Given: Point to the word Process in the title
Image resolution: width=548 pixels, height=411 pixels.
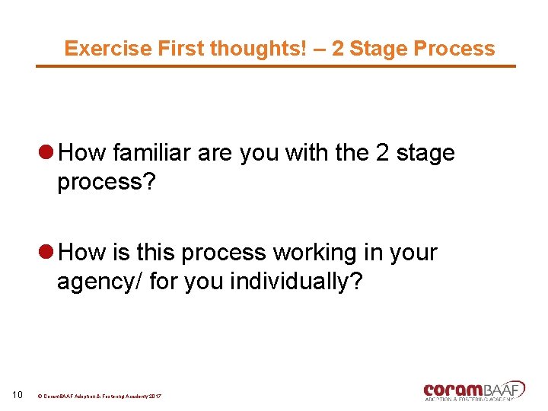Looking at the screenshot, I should click(454, 49).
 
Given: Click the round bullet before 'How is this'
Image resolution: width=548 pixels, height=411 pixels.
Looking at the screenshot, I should click(46, 253).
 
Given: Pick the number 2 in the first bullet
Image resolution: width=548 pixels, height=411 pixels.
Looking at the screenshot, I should click(383, 153).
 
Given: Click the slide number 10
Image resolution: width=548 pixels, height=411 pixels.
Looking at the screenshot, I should click(18, 394).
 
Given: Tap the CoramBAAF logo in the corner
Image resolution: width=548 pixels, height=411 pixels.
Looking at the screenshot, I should click(473, 390).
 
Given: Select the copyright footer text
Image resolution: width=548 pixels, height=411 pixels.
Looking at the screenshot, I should click(99, 397).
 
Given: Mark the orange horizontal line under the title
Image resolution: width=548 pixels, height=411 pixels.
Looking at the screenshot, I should click(276, 66).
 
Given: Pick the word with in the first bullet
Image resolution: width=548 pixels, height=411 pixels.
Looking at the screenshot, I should click(307, 153).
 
